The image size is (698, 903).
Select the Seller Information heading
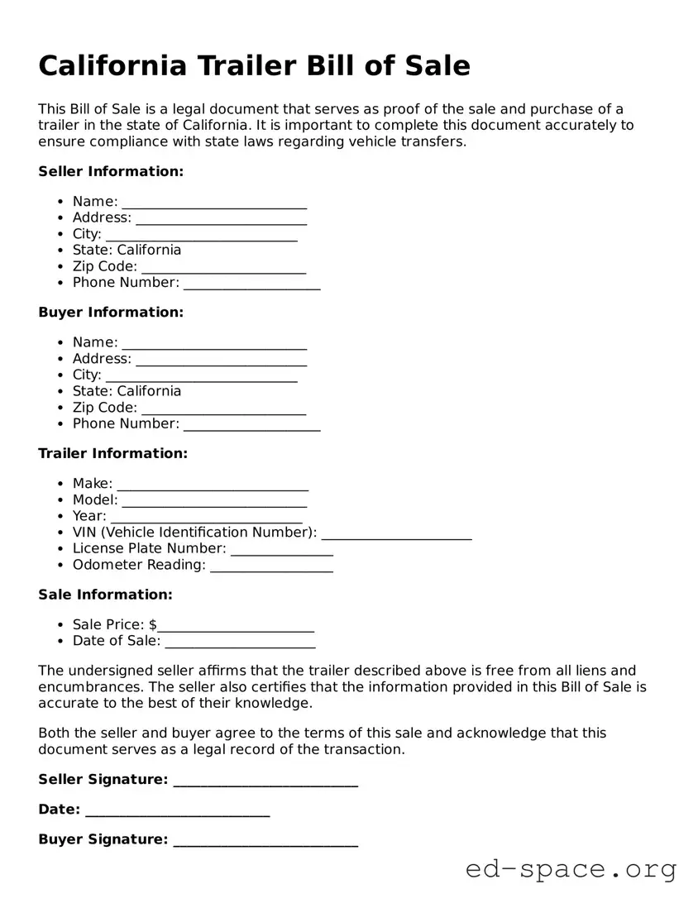[x=111, y=171]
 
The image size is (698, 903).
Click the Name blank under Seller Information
[x=214, y=203]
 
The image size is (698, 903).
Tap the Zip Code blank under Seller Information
[x=223, y=268]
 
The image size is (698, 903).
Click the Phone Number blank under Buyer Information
[x=251, y=425]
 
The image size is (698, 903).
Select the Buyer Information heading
[x=111, y=313]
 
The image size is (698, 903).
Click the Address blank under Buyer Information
[x=221, y=361]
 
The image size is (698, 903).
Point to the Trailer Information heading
[x=113, y=453]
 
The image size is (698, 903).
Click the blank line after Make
[x=213, y=485]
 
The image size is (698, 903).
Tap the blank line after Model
[x=214, y=501]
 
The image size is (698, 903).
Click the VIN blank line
[x=396, y=533]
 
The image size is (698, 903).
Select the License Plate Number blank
[x=281, y=550]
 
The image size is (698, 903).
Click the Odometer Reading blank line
[x=271, y=566]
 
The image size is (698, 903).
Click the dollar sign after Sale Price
[x=153, y=624]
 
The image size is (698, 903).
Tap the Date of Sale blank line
[x=240, y=643]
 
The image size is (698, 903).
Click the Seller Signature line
[x=265, y=781]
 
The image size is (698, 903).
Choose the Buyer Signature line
[x=265, y=841]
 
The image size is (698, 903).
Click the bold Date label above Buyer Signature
[x=59, y=810]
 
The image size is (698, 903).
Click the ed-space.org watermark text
[x=571, y=869]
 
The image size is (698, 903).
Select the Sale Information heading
[x=106, y=595]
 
